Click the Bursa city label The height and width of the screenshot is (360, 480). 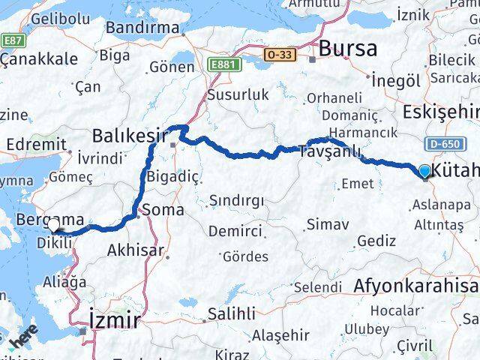(x=347, y=49)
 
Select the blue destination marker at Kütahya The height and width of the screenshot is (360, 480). (x=425, y=172)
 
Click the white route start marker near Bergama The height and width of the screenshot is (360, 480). (x=53, y=225)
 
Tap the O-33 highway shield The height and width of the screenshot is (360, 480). (x=279, y=55)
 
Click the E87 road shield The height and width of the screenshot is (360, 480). (x=12, y=40)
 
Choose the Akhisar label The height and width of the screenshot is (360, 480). (x=136, y=250)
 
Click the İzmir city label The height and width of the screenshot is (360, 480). (x=115, y=321)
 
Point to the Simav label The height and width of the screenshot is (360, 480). (x=328, y=223)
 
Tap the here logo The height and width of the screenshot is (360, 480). (x=22, y=341)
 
